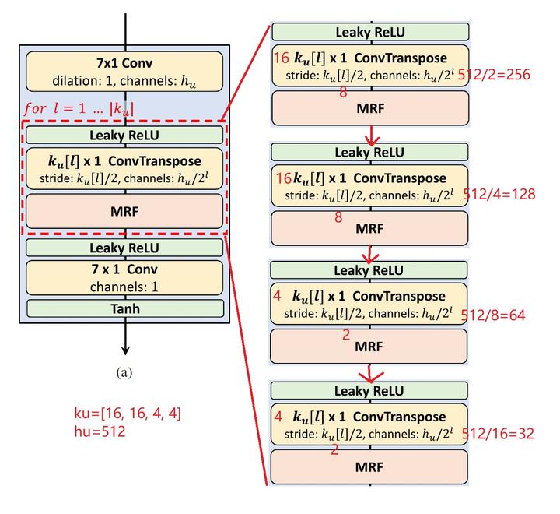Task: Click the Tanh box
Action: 124,308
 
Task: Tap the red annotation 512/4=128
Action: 499,193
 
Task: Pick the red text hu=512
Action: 93,429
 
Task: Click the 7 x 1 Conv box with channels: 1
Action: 124,278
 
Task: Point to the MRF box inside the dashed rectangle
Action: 124,211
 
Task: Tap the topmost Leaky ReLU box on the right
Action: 370,32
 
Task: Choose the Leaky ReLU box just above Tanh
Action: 124,248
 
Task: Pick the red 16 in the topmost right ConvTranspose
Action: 281,58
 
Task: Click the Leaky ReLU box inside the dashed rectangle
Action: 124,134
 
